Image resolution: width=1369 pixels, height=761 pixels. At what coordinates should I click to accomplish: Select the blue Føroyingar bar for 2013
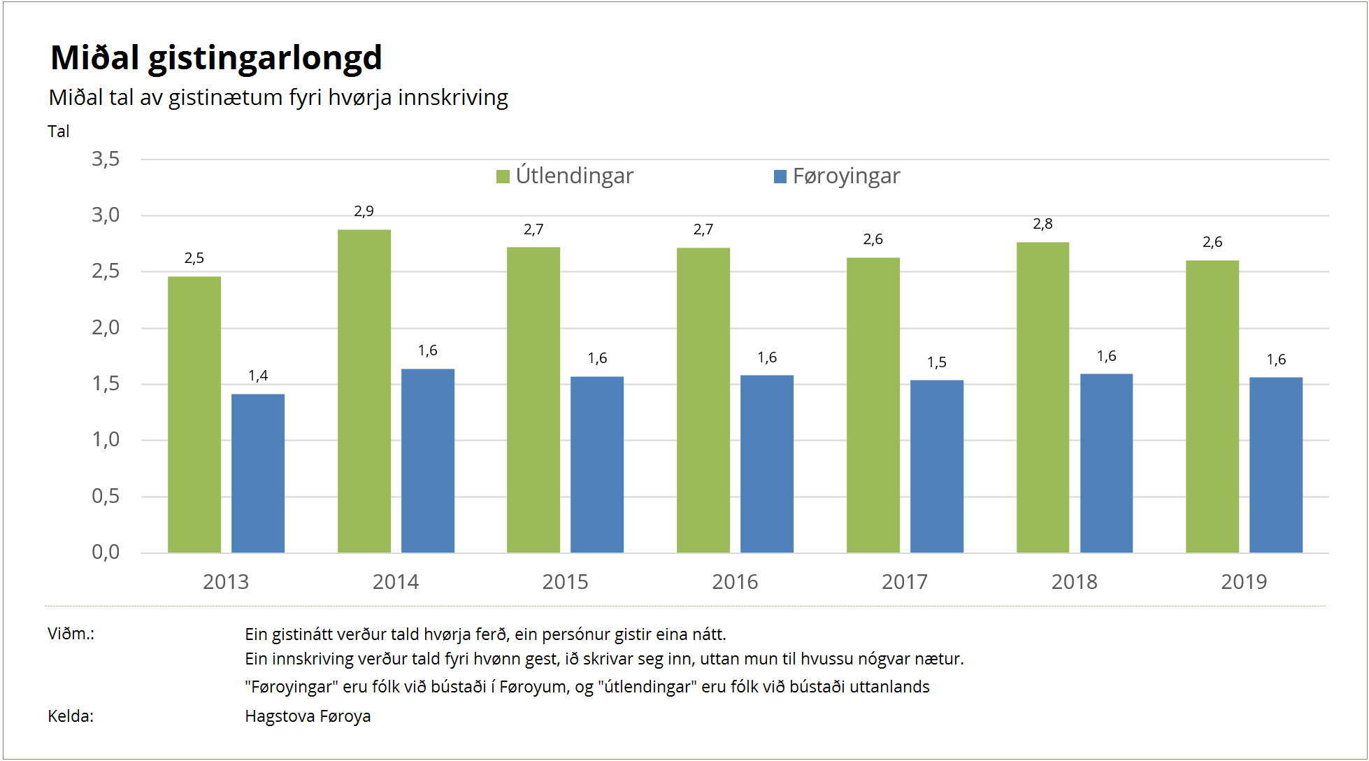coord(258,473)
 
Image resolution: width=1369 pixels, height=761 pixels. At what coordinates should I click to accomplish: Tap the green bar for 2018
coord(1042,397)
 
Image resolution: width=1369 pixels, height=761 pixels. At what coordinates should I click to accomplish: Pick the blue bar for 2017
coord(936,466)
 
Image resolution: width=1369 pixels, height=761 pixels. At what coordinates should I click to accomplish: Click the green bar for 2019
coord(1212,406)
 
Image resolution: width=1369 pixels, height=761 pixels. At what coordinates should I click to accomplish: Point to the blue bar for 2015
coord(596,464)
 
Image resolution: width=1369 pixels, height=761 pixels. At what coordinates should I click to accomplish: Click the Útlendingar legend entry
coord(565,176)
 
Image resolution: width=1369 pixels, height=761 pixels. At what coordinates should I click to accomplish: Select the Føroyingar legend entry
coord(837,176)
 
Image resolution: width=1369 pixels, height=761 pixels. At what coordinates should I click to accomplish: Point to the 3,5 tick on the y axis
coord(106,159)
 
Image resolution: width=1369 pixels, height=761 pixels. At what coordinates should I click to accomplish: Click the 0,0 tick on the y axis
coord(106,553)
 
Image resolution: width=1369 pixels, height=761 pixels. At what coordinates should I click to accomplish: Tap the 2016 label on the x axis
coord(734,582)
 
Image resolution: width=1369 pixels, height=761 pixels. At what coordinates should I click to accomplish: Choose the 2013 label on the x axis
coord(225,582)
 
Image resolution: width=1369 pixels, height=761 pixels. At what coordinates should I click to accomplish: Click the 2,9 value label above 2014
coord(364,211)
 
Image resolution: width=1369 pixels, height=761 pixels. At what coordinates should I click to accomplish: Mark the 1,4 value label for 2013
coord(258,376)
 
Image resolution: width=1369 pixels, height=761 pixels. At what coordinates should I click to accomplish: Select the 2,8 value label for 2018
coord(1042,224)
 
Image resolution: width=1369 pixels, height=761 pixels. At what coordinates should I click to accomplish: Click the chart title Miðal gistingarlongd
coord(216,57)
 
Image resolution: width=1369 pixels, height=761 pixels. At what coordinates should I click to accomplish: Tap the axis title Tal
coord(59,131)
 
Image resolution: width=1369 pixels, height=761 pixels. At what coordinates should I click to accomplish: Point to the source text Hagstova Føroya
coord(308,716)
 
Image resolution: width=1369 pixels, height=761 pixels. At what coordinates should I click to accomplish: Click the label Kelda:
coord(71,716)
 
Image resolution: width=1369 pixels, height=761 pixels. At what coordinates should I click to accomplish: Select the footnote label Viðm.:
coord(71,634)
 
